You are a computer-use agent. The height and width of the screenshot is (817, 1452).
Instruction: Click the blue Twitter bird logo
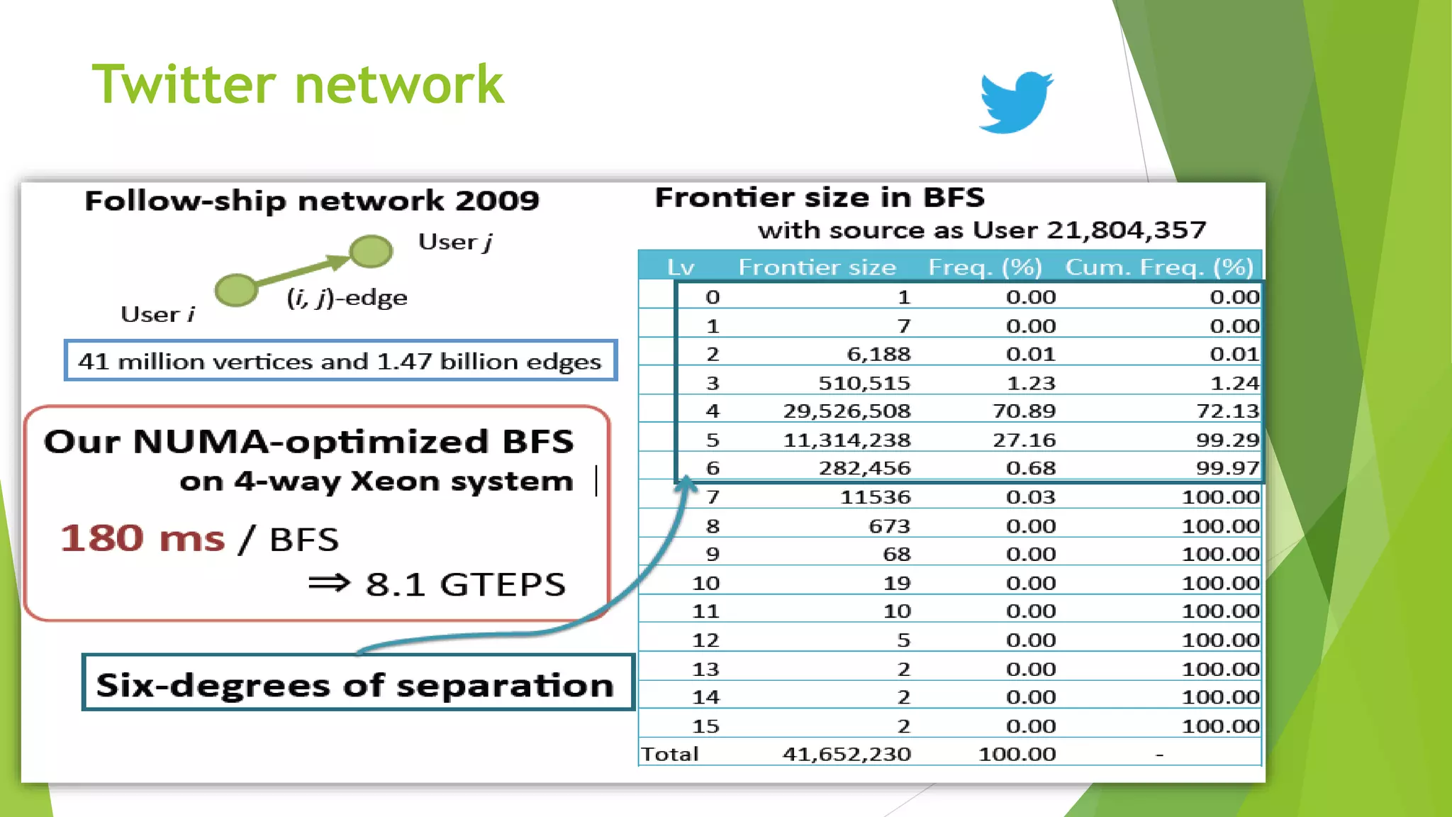tap(1015, 101)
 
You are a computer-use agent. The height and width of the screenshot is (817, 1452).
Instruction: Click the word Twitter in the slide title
tap(184, 84)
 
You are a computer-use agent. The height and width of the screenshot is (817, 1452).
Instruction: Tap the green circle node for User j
tap(371, 250)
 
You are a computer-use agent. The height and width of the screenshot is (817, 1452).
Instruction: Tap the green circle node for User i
tap(236, 290)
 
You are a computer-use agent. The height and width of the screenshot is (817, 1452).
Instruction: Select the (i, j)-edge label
tap(347, 298)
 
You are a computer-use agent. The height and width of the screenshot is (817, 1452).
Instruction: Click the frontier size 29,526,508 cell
tap(847, 411)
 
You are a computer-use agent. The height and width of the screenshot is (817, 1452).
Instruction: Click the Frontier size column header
tap(817, 267)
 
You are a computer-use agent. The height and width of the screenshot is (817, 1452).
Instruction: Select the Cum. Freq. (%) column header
tap(1159, 267)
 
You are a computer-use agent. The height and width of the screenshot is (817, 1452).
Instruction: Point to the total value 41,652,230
tap(847, 754)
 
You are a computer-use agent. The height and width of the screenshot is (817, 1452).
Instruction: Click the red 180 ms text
tap(142, 538)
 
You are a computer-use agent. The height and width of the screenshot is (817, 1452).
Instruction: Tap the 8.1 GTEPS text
tap(465, 585)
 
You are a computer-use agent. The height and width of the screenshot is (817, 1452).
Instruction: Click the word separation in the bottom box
tap(504, 686)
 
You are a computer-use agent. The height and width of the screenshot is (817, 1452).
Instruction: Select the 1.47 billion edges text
tap(488, 362)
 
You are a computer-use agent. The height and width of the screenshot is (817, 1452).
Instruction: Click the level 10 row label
tap(705, 583)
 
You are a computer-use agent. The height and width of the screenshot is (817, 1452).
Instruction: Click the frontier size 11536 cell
tap(875, 497)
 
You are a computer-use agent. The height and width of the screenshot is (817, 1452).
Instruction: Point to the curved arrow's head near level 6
tap(686, 484)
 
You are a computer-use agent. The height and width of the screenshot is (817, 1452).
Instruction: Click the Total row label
tap(669, 754)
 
